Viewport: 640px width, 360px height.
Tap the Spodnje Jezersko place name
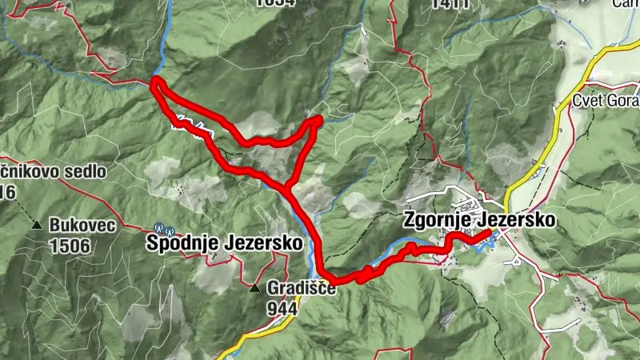[x=225, y=242]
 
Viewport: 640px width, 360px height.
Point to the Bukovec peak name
[x=82, y=226]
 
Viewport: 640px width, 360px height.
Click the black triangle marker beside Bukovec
[x=37, y=226]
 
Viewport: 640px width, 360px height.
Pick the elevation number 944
[x=283, y=307]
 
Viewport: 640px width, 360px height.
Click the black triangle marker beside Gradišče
[x=254, y=287]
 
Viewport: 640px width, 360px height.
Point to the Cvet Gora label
[x=606, y=101]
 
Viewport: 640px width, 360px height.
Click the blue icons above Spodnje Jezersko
[x=164, y=227]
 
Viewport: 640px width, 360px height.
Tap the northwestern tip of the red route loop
[x=155, y=82]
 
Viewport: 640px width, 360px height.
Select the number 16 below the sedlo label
[x=9, y=191]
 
